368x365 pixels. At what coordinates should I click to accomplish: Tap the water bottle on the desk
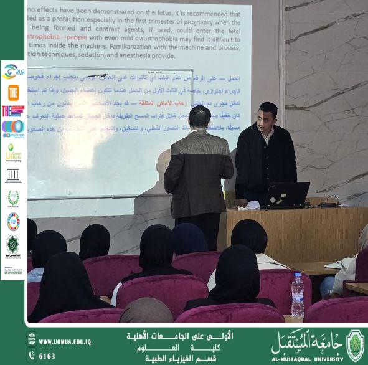(298, 294)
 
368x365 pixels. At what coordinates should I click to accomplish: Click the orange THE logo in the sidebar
(13, 92)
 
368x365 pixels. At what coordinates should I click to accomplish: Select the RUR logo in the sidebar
(13, 72)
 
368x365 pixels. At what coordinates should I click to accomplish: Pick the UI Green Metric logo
(12, 153)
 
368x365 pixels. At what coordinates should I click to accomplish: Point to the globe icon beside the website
(32, 341)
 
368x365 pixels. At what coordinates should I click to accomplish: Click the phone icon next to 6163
(32, 356)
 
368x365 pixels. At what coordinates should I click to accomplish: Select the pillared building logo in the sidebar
(13, 176)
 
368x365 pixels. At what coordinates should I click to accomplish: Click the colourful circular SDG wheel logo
(13, 220)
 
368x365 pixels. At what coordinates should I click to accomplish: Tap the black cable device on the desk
(330, 202)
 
